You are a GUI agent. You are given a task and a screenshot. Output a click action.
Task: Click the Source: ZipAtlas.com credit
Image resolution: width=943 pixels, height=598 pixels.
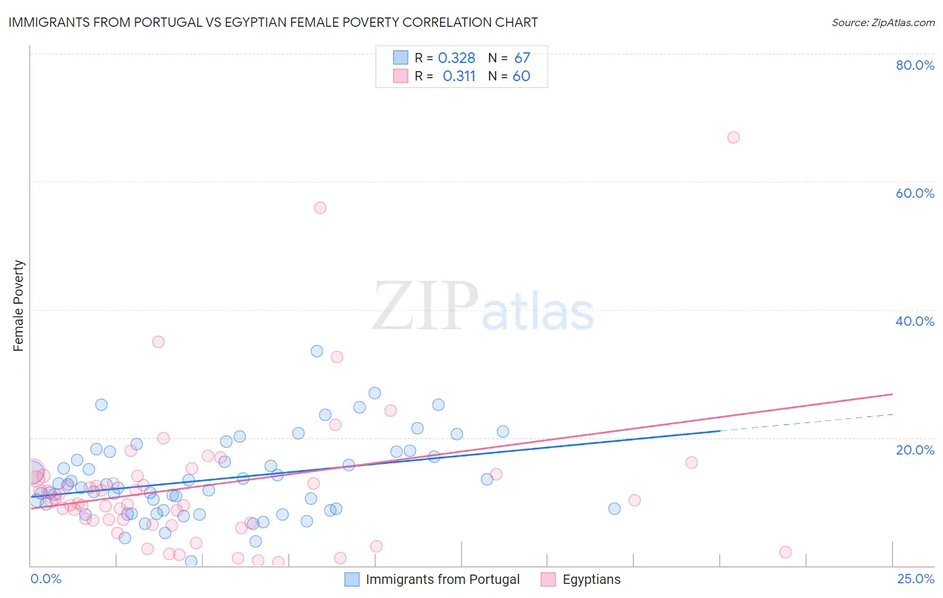pyautogui.click(x=883, y=22)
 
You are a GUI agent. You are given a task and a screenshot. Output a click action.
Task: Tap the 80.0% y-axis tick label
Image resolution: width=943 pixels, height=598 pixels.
pyautogui.click(x=915, y=65)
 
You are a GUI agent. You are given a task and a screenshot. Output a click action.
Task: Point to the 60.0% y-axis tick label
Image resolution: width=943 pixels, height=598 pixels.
pyautogui.click(x=915, y=193)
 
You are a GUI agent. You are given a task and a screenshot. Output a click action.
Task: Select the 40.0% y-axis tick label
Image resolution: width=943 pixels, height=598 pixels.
pyautogui.click(x=915, y=321)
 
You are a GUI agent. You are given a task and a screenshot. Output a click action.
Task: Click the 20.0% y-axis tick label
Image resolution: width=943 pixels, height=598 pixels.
pyautogui.click(x=915, y=449)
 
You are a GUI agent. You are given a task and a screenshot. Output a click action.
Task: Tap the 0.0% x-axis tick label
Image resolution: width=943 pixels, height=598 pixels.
pyautogui.click(x=46, y=579)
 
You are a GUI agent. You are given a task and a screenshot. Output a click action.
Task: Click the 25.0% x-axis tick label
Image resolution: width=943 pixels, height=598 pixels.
pyautogui.click(x=916, y=579)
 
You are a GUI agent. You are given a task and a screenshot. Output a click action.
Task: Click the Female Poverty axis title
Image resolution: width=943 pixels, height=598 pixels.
pyautogui.click(x=18, y=306)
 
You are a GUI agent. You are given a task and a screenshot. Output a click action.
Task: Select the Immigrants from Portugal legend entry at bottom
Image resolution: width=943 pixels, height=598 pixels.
pyautogui.click(x=433, y=579)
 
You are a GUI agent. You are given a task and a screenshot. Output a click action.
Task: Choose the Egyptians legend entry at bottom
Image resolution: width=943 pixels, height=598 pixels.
pyautogui.click(x=581, y=579)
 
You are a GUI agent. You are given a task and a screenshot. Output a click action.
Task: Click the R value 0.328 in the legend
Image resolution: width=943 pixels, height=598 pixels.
pyautogui.click(x=456, y=58)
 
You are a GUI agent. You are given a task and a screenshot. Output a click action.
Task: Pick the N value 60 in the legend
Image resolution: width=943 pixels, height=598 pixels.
pyautogui.click(x=521, y=76)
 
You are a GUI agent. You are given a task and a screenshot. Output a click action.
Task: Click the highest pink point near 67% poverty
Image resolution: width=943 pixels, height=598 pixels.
pyautogui.click(x=733, y=137)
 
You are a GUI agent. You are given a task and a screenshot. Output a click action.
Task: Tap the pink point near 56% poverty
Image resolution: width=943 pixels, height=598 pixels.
pyautogui.click(x=320, y=208)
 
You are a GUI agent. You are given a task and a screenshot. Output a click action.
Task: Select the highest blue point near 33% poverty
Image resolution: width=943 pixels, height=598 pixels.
pyautogui.click(x=317, y=351)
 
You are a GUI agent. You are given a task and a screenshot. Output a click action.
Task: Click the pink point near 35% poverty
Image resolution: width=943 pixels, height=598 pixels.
pyautogui.click(x=158, y=342)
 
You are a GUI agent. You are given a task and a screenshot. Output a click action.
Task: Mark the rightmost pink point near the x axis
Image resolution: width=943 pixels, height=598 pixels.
pyautogui.click(x=785, y=552)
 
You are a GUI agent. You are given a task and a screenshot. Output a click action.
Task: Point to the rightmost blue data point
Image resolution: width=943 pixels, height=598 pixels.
pyautogui.click(x=614, y=509)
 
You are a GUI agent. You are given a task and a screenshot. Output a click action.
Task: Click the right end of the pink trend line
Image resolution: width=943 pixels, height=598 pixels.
pyautogui.click(x=892, y=394)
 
